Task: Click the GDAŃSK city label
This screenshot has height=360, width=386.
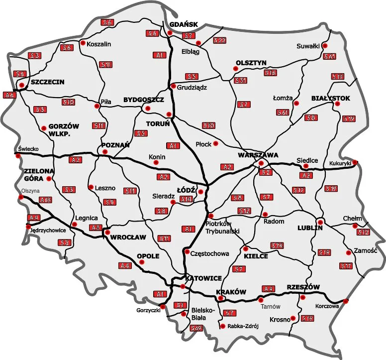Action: (184, 24)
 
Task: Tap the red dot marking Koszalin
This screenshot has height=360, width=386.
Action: (83, 43)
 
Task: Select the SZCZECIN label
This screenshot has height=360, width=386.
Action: (47, 82)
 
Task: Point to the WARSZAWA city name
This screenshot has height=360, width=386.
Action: (258, 155)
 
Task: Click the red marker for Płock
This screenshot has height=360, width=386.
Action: (216, 144)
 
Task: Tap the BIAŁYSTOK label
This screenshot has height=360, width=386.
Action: (331, 98)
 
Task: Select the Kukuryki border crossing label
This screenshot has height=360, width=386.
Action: (340, 163)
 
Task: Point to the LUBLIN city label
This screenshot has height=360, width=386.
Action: (310, 228)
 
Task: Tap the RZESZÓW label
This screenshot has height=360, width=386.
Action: (302, 287)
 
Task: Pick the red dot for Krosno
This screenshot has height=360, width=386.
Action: (293, 318)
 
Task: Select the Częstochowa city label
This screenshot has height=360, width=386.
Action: (210, 253)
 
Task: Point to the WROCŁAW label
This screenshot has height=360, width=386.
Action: (128, 237)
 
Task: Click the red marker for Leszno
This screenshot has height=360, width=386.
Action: (91, 188)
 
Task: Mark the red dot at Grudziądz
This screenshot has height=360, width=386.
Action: (173, 86)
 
